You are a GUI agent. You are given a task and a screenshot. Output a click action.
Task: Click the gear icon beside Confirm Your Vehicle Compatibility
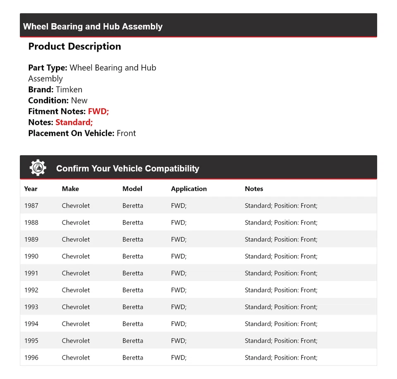coord(38,168)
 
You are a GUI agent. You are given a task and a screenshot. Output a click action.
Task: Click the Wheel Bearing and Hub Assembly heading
coord(93,26)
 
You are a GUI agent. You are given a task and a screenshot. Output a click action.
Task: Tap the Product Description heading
coord(74,46)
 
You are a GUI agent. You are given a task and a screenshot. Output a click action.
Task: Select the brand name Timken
coord(69,89)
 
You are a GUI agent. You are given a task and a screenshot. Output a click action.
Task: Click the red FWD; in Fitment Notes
coord(98,111)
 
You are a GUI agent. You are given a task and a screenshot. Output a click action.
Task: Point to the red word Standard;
coord(74,122)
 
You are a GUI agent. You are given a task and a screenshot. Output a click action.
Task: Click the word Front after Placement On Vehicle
coord(126,133)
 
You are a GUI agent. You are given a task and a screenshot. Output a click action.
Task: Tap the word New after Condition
coord(79,101)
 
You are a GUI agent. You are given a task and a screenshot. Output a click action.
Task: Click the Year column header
coord(31,189)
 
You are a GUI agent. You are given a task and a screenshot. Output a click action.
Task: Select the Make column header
coord(70,189)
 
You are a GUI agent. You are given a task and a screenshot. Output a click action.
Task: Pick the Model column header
coord(132,189)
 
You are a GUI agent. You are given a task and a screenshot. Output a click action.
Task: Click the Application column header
coord(189,189)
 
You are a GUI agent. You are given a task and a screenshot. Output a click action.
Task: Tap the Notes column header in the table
coord(254,189)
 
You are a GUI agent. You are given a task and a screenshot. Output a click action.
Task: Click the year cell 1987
coord(31,206)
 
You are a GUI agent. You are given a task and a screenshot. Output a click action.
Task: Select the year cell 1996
coord(31,357)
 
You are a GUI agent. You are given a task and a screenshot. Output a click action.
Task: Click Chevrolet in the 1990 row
coord(76,256)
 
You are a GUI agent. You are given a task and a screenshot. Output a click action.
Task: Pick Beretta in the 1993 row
coord(133,307)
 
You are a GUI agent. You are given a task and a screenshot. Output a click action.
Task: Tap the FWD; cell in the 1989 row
coord(179,239)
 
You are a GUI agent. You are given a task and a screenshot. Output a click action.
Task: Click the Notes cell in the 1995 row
coord(281,341)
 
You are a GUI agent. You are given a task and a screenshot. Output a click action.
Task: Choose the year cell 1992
coord(31,290)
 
